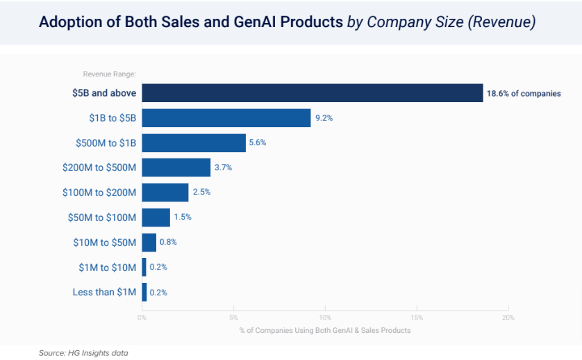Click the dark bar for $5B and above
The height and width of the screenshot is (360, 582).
tap(312, 93)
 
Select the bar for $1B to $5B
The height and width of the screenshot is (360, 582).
tap(226, 118)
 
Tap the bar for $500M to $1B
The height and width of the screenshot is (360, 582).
tap(193, 142)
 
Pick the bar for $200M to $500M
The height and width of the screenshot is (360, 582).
tap(176, 167)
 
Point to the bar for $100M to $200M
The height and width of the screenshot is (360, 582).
tap(165, 193)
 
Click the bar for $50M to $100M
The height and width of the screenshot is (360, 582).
tap(156, 218)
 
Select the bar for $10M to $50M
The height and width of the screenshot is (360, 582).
tap(149, 243)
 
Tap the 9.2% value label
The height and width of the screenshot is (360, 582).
tap(324, 118)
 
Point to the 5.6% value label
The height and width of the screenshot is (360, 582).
tap(258, 142)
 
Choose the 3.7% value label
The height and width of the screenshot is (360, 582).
tap(223, 167)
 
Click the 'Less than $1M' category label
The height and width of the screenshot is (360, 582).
tap(104, 292)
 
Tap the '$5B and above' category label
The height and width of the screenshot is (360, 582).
tap(103, 93)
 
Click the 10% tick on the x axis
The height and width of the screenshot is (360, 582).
tap(325, 318)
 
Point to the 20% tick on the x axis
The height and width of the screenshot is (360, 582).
tap(508, 318)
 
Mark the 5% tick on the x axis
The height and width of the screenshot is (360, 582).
tap(234, 318)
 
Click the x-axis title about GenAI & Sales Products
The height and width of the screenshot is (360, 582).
tap(324, 330)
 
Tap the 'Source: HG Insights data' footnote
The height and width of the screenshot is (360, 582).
tap(83, 353)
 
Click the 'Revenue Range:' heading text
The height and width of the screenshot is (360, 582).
tap(109, 74)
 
